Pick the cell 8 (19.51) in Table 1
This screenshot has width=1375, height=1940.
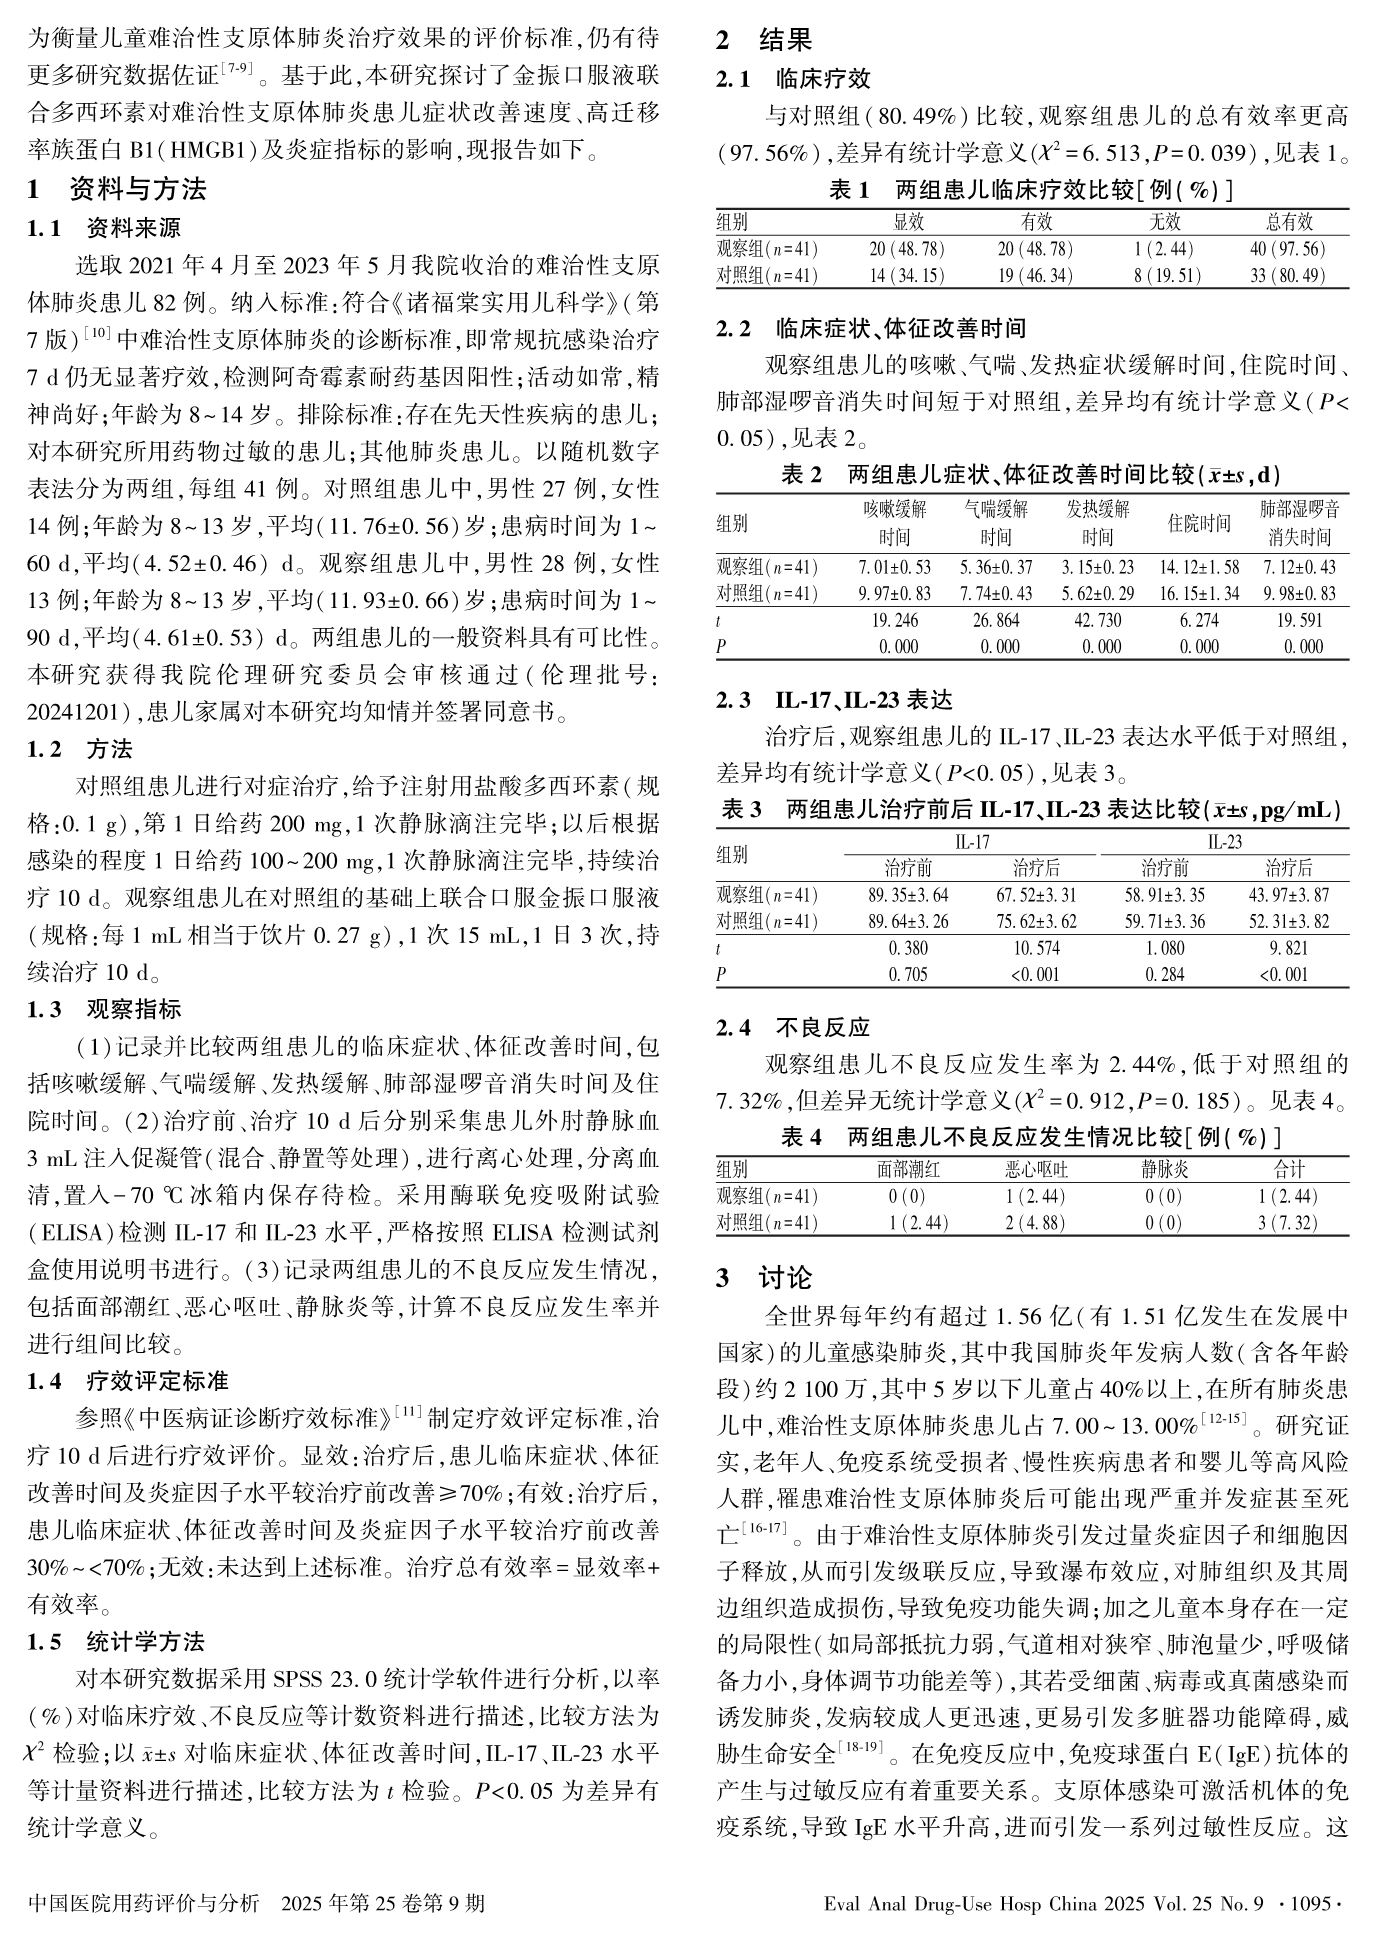point(1166,275)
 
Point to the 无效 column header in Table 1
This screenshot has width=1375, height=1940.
point(1164,222)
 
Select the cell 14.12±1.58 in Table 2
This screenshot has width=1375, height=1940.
point(1199,567)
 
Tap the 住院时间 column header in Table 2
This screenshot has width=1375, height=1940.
point(1199,523)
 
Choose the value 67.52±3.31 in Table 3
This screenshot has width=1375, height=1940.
point(1036,894)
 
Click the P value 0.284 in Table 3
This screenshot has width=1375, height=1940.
point(1165,974)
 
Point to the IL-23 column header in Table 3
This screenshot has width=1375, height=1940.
point(1224,841)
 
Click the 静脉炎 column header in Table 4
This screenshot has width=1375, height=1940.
point(1164,1169)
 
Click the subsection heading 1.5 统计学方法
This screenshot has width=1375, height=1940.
point(116,1641)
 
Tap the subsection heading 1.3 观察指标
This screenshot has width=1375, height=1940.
point(105,1009)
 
